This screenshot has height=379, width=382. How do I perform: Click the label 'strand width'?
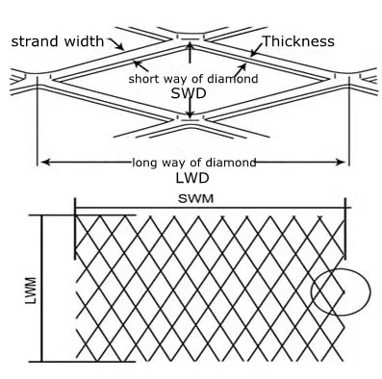56,41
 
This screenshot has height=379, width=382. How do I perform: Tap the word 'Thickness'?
297,40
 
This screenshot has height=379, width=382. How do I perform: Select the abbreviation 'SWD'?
190,94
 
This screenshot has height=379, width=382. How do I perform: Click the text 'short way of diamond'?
192,78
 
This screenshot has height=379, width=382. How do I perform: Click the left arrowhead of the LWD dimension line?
43,161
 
